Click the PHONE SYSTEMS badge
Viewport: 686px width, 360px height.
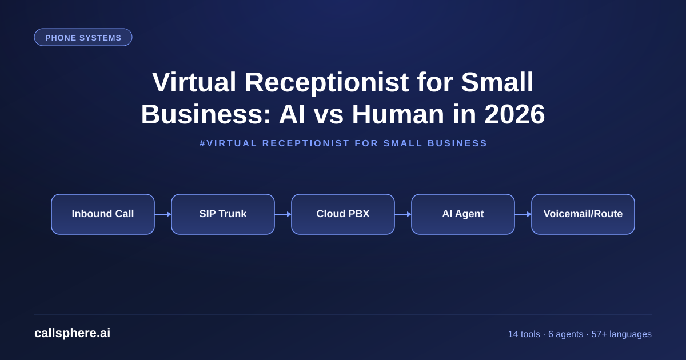coord(83,37)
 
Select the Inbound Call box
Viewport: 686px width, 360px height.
coord(103,214)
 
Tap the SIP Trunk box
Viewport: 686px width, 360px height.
coord(223,214)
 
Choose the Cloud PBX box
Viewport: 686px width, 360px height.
coord(343,214)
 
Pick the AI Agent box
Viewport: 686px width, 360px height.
coord(463,214)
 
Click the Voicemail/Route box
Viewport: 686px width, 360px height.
coord(583,214)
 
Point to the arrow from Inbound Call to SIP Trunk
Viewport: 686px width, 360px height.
coord(163,214)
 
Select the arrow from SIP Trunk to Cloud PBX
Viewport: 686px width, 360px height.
coord(283,214)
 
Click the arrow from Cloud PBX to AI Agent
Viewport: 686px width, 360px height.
coord(403,214)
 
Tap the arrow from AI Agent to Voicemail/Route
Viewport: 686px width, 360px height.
coord(523,214)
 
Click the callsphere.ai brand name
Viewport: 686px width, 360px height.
coord(72,333)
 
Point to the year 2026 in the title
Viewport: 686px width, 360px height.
coord(514,114)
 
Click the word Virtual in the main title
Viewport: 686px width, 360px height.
coord(194,82)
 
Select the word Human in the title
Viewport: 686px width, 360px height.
coord(398,114)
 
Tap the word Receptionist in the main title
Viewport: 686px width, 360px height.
coord(326,83)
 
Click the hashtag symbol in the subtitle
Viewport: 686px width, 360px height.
coord(202,143)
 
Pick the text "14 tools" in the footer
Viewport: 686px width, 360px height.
coord(524,334)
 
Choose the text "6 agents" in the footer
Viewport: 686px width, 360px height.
coord(565,334)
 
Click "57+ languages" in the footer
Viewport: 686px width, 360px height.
coord(621,334)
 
